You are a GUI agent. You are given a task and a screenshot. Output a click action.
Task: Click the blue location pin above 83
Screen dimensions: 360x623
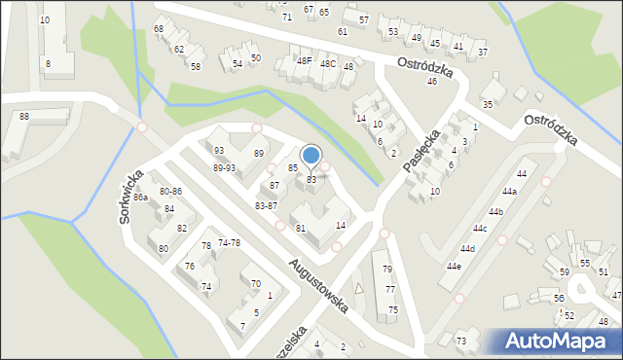(x=311, y=156)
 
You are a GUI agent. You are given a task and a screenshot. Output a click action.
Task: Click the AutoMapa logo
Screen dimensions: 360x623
(x=558, y=342)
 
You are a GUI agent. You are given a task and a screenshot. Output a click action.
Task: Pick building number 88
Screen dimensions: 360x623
(x=23, y=117)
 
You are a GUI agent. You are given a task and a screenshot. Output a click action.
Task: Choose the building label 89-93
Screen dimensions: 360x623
(x=224, y=167)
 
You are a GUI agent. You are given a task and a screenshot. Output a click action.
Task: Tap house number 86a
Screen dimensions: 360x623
(x=140, y=198)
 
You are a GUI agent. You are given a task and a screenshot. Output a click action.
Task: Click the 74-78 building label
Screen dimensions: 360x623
(x=230, y=242)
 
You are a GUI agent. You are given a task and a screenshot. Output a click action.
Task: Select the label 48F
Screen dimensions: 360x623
(x=304, y=61)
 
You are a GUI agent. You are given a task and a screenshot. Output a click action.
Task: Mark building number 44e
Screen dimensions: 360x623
(x=454, y=266)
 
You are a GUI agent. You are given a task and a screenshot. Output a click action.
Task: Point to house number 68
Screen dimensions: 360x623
(x=159, y=29)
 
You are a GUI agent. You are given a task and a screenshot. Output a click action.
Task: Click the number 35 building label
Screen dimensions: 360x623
(x=488, y=104)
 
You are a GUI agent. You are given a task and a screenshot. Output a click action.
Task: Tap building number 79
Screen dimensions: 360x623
(x=387, y=270)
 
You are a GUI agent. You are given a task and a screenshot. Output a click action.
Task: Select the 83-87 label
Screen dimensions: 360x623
(x=266, y=206)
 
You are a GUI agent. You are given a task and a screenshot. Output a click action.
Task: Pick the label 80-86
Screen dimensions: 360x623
(x=170, y=192)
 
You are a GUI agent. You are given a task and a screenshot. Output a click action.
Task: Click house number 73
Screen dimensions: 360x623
(x=461, y=341)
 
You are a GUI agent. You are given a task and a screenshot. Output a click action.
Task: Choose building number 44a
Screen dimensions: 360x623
(x=509, y=192)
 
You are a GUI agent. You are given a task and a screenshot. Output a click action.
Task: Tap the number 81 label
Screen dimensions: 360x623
(x=301, y=228)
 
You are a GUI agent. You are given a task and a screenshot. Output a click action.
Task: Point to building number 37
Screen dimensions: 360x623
(x=483, y=52)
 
